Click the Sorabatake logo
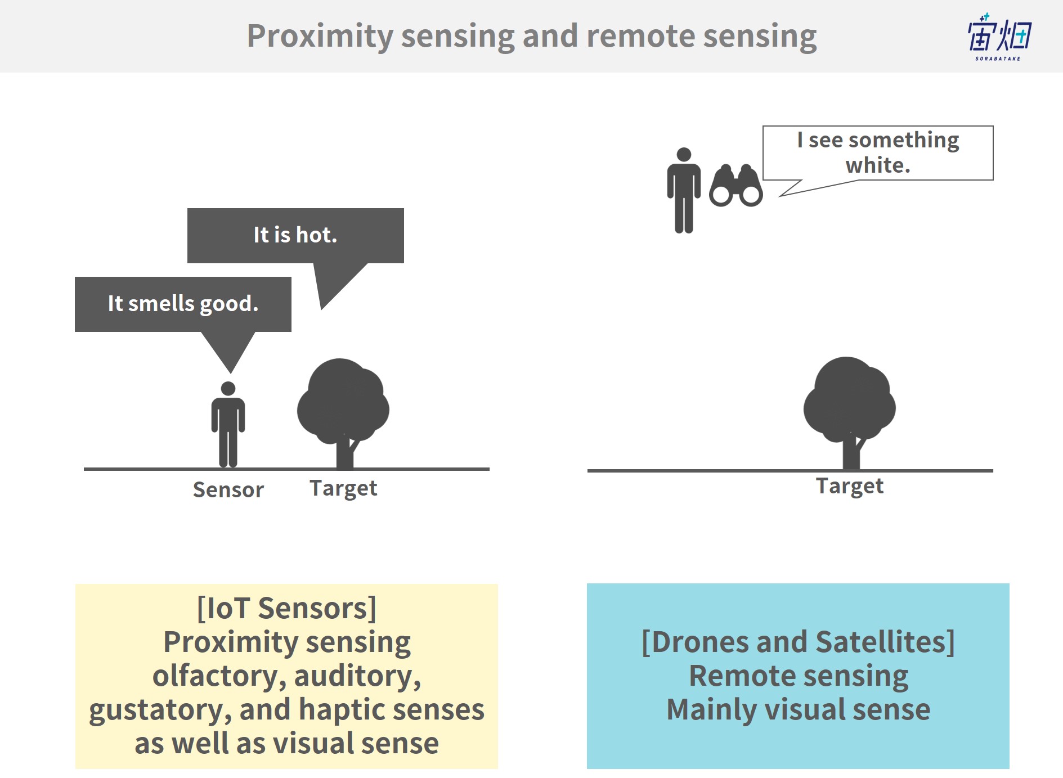point(999,37)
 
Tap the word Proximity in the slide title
point(320,37)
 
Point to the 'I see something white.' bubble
point(878,153)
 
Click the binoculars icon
point(736,186)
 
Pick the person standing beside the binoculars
point(684,190)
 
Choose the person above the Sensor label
point(228,424)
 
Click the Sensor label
point(228,490)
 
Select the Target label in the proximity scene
point(343,488)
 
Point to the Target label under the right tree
point(850,486)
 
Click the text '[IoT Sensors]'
point(287,609)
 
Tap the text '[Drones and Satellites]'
point(799,642)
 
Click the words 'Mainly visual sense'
point(799,709)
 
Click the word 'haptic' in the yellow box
point(349,710)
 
